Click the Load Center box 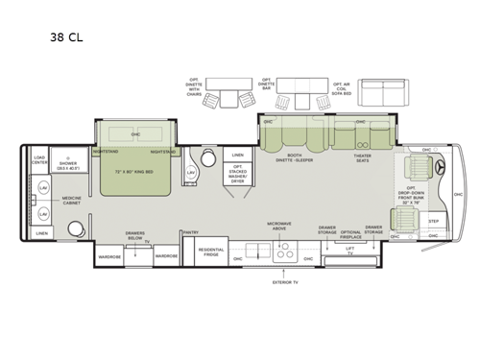point(39,158)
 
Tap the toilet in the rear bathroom point(74,228)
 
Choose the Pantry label point(191,231)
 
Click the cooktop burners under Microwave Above point(285,253)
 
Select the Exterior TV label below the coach point(285,283)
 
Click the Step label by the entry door point(434,222)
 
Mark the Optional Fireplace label point(351,233)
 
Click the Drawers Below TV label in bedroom point(135,235)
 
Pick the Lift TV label point(348,252)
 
